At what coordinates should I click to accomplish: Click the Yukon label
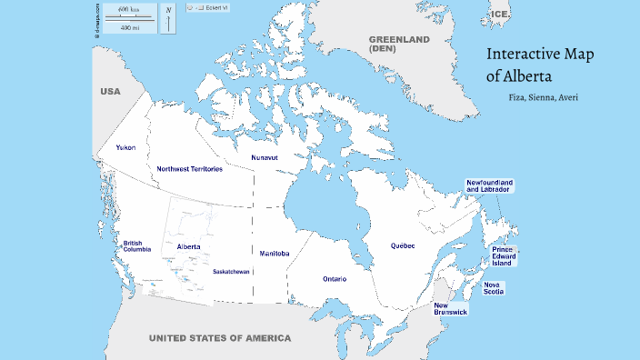tap(125, 146)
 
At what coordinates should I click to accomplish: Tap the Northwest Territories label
tap(189, 169)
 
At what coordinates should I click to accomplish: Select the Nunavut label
tap(265, 157)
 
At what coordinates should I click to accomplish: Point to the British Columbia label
tap(138, 246)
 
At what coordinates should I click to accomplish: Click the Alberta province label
tap(189, 246)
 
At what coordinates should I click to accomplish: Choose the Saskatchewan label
tap(232, 271)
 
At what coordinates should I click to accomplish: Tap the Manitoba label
tap(275, 253)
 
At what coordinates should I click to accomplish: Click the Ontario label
tap(334, 278)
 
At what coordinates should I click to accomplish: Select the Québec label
tap(402, 245)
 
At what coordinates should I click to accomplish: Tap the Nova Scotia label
tap(496, 288)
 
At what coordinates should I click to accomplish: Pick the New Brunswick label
tap(450, 309)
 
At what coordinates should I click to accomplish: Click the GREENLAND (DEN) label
tap(398, 44)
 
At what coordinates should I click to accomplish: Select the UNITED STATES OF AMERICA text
tap(220, 338)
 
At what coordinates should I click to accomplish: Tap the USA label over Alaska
tap(110, 92)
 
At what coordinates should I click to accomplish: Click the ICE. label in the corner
tap(500, 15)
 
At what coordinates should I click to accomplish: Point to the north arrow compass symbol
tap(168, 19)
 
